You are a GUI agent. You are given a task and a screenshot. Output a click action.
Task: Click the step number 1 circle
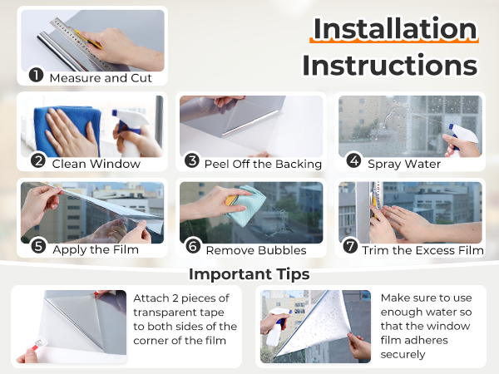[36, 75]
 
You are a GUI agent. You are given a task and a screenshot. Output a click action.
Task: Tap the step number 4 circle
[354, 161]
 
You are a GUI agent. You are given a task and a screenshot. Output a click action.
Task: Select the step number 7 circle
[350, 247]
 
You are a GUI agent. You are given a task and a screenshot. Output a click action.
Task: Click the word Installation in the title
[394, 29]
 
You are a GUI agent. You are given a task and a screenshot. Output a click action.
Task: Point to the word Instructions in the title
[390, 65]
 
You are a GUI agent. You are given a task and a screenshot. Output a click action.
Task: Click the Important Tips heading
[249, 274]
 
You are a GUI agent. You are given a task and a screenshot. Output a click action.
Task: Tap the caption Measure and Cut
[101, 78]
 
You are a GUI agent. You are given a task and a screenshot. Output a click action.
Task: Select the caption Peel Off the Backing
[263, 164]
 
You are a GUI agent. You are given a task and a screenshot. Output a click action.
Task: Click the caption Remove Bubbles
[256, 251]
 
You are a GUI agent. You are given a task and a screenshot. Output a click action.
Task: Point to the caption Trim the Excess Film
[423, 251]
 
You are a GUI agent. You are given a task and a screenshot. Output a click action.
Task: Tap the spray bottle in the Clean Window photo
[130, 133]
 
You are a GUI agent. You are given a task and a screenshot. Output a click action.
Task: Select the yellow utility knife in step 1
[88, 39]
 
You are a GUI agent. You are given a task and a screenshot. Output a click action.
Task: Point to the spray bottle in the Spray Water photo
[462, 139]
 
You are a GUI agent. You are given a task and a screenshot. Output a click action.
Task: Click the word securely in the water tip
[403, 354]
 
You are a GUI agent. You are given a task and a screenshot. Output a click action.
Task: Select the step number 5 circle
[38, 247]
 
